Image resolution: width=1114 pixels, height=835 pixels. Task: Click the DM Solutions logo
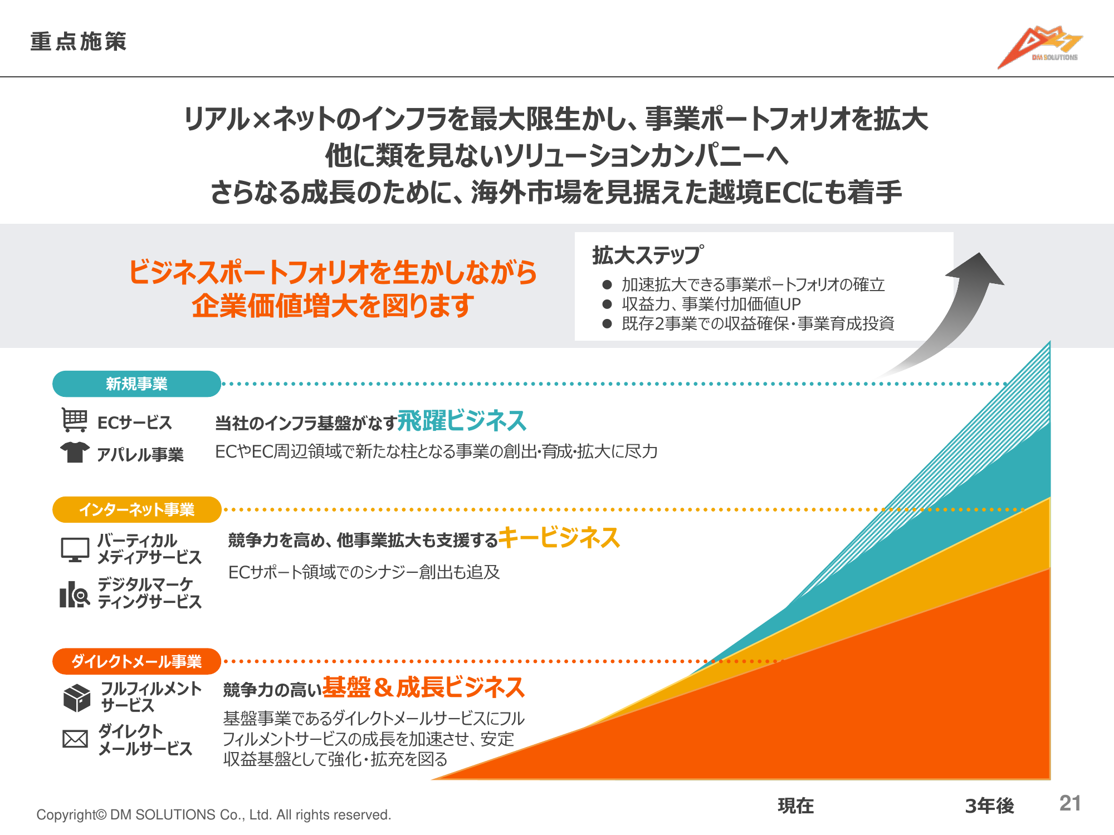coord(1039,47)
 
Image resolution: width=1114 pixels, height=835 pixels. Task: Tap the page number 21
coord(1070,803)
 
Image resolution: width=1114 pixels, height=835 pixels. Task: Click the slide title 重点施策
coord(79,42)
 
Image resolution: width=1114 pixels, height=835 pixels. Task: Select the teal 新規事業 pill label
coord(136,384)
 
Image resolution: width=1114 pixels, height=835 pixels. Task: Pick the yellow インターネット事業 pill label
coord(136,509)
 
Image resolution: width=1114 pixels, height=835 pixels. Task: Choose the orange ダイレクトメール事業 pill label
coord(136,661)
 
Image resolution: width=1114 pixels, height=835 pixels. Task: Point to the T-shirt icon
coord(75,452)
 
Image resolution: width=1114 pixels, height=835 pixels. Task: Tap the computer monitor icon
coord(75,549)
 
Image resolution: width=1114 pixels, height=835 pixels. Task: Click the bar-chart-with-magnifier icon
coord(75,594)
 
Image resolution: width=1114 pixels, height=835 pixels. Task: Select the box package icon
coord(77,698)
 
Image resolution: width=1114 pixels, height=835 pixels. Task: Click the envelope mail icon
coord(75,739)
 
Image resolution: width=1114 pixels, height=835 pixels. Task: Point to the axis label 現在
coord(796,805)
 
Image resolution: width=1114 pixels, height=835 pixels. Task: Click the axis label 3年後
coord(990,805)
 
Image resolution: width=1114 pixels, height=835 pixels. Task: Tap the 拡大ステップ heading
coord(648,255)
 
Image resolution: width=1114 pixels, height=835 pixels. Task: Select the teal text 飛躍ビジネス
coord(462,420)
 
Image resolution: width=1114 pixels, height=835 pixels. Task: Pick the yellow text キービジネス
coord(559,538)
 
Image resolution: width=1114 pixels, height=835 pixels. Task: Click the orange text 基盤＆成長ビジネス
coord(423,687)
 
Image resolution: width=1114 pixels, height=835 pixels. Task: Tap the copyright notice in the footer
coord(214,815)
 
